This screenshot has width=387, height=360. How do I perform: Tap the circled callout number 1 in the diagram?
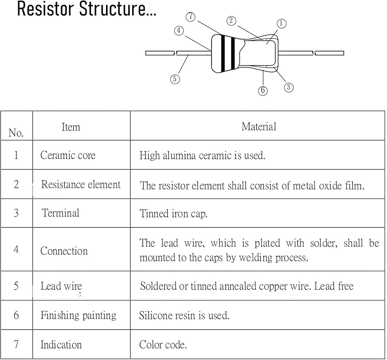click(x=281, y=24)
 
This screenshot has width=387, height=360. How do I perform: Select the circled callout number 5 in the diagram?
click(x=175, y=79)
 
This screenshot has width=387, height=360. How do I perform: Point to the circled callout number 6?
click(x=263, y=91)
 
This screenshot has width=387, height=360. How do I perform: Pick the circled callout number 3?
click(x=288, y=87)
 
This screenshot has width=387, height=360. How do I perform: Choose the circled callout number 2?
click(x=231, y=21)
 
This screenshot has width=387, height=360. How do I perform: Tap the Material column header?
click(x=259, y=126)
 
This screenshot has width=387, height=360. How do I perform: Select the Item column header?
click(x=71, y=127)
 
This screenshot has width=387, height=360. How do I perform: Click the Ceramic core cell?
click(x=68, y=155)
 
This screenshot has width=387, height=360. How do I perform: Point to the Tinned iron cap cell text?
click(x=173, y=214)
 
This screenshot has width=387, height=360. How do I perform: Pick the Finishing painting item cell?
click(x=78, y=315)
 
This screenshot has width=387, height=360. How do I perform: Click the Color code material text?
click(x=163, y=344)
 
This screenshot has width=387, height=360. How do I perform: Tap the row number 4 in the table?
click(x=16, y=249)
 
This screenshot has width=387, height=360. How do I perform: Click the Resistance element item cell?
click(x=81, y=184)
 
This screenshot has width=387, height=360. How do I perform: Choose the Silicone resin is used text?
click(x=184, y=315)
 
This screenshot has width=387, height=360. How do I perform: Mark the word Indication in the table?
click(x=61, y=344)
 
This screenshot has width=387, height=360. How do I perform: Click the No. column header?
click(x=16, y=133)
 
